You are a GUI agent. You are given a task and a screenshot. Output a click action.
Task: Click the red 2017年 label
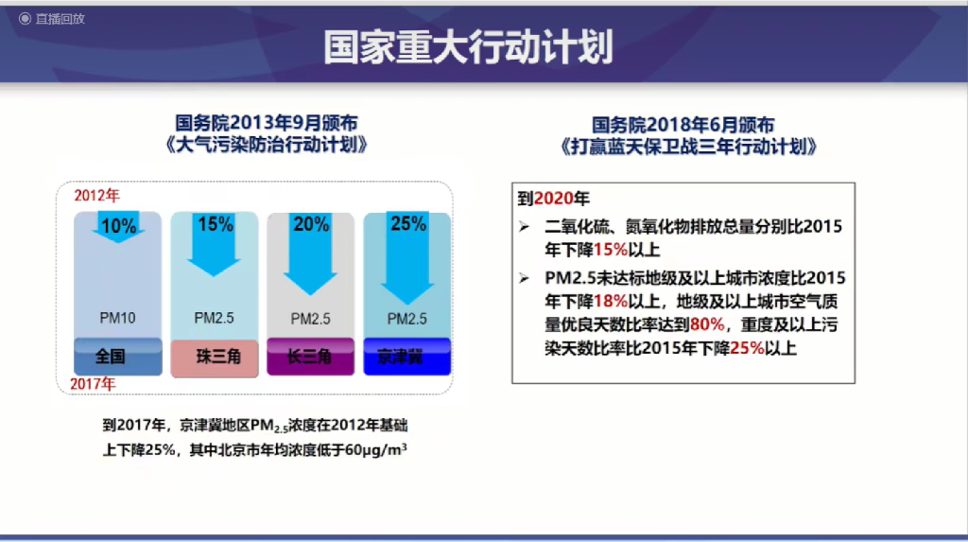click(x=93, y=384)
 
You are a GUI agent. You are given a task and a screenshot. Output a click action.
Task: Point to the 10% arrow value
click(x=118, y=226)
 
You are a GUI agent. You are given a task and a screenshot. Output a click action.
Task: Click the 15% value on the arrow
click(x=215, y=224)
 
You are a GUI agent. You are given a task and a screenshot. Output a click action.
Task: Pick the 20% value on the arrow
click(x=311, y=224)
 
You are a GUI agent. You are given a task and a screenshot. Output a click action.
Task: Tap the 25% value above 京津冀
click(x=407, y=224)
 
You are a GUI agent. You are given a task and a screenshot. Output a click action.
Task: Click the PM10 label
click(x=118, y=318)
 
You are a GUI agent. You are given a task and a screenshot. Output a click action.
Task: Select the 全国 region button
click(x=111, y=358)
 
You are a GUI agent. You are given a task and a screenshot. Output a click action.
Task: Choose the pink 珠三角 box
click(x=214, y=358)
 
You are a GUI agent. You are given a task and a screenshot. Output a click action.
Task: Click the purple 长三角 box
click(x=310, y=358)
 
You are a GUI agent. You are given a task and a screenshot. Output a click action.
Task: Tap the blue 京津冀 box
click(x=406, y=358)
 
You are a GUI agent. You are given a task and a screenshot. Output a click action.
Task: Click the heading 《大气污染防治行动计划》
click(x=266, y=147)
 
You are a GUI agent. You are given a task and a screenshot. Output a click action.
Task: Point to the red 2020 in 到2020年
click(x=550, y=200)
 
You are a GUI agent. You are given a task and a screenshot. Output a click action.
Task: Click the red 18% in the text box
click(x=611, y=301)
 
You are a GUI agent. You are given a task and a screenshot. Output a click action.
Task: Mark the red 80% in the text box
click(x=707, y=324)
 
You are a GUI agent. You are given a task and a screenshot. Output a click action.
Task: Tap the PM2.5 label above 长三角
click(x=311, y=319)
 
